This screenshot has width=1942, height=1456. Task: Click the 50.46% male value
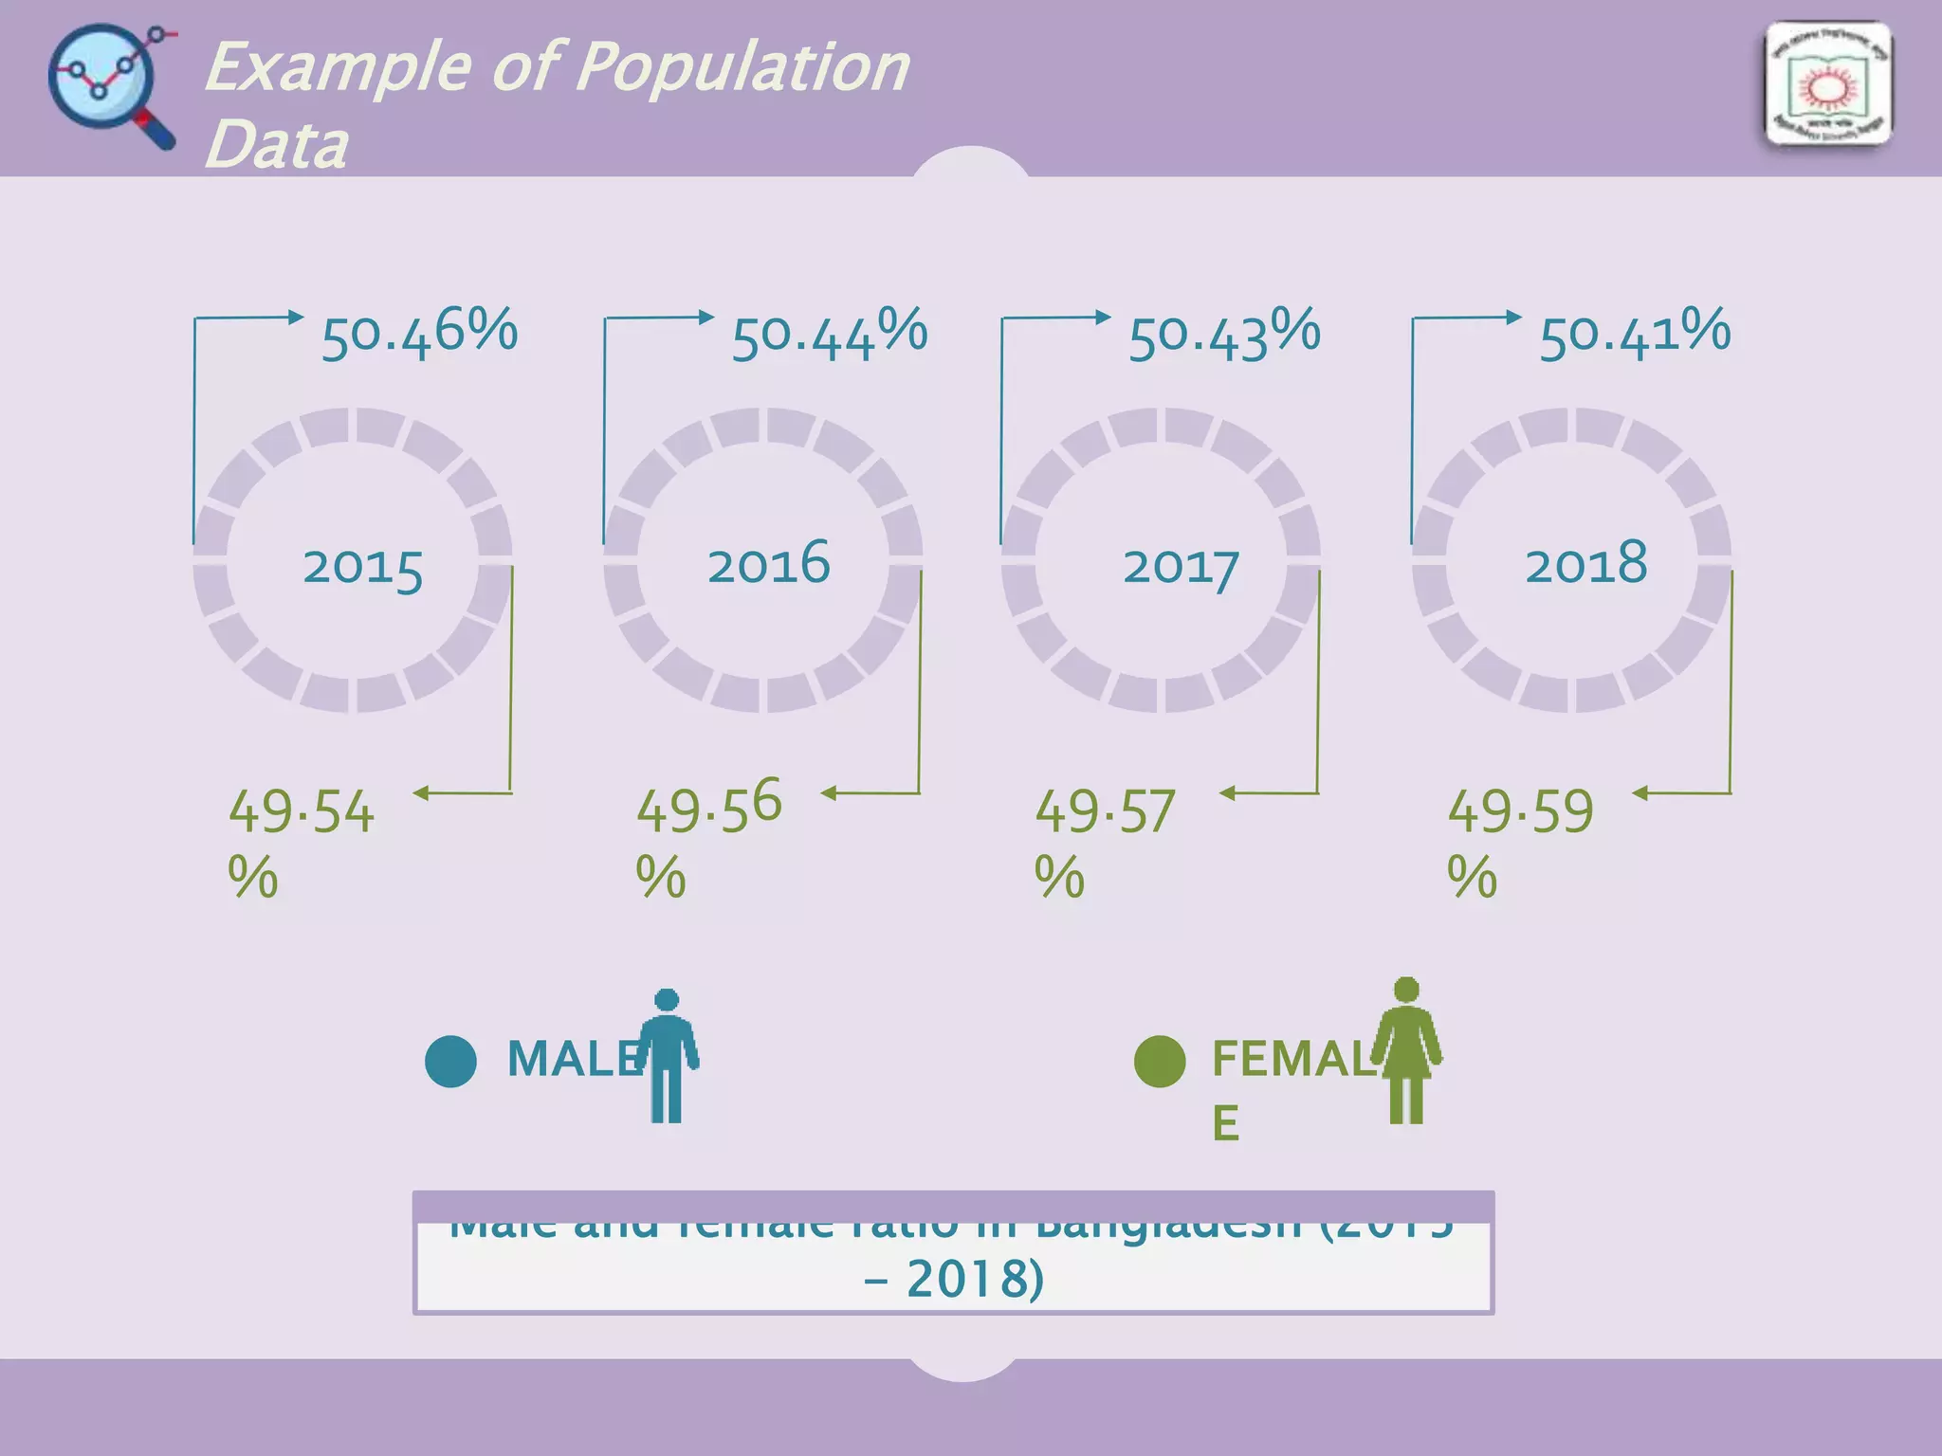coord(419,335)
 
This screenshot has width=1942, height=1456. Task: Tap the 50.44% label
coord(829,335)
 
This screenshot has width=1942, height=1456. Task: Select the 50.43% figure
coord(1223,335)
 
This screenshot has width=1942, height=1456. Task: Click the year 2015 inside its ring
coord(362,568)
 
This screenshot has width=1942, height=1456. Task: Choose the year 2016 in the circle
coord(768,564)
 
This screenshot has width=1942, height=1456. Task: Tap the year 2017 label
coord(1181,568)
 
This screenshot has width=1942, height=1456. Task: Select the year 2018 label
coord(1585,564)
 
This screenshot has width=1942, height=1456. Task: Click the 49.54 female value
coord(302,812)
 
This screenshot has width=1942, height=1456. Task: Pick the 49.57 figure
coord(1105,812)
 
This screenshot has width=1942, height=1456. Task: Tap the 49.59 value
coord(1520,812)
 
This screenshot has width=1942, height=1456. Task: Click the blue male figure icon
coord(667,1056)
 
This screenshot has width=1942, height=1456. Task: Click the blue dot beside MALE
coord(450,1061)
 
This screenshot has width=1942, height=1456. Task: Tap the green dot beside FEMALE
coord(1160,1061)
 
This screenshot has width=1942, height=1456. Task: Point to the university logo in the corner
coord(1827,85)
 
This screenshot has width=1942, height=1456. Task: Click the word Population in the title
coord(742,68)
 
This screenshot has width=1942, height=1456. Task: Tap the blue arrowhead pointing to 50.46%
coord(296,317)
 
